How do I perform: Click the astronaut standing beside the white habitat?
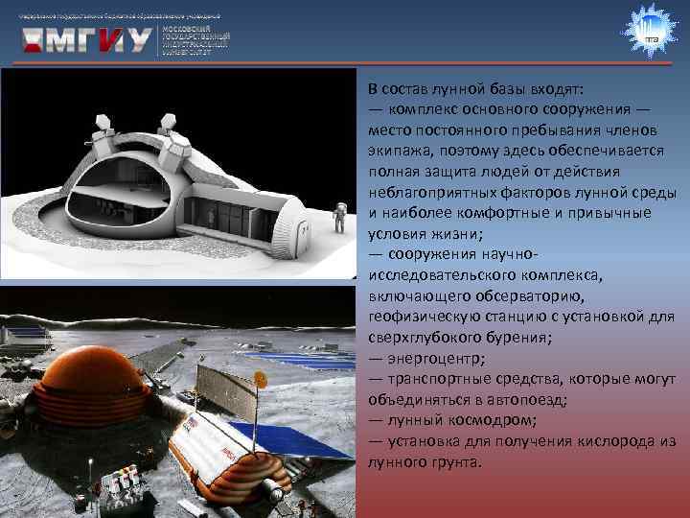point(337,218)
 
